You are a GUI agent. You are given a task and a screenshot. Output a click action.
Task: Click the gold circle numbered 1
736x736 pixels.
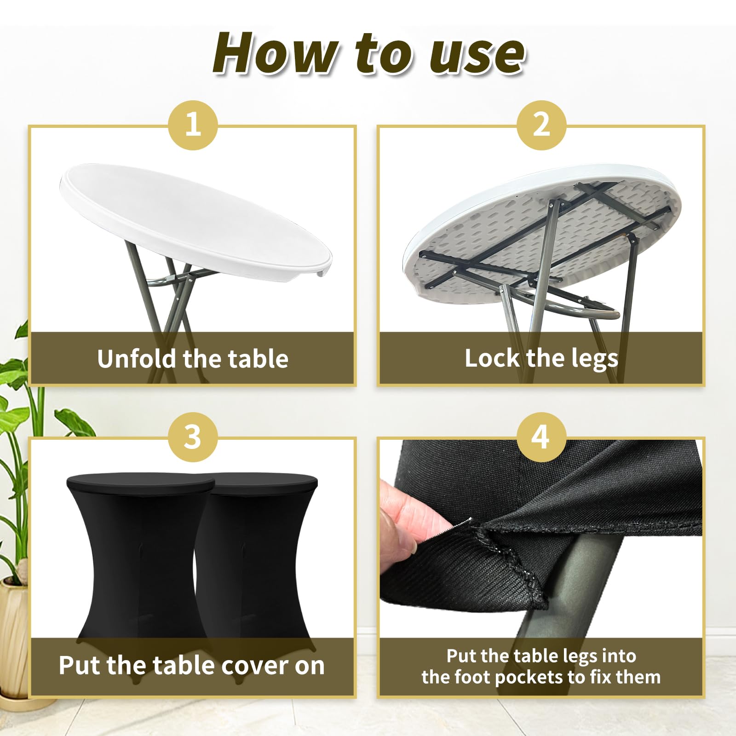coord(193,125)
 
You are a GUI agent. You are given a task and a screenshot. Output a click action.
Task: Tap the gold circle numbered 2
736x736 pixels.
coord(541,125)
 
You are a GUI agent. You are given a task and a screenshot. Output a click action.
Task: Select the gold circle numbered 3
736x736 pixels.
coord(193,437)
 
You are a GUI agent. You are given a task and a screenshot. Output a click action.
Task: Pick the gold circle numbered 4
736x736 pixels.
coord(541,437)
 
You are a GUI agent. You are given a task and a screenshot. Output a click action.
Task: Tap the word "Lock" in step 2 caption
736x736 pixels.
coord(492,358)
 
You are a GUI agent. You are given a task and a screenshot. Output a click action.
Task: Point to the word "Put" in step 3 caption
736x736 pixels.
coord(80,665)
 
